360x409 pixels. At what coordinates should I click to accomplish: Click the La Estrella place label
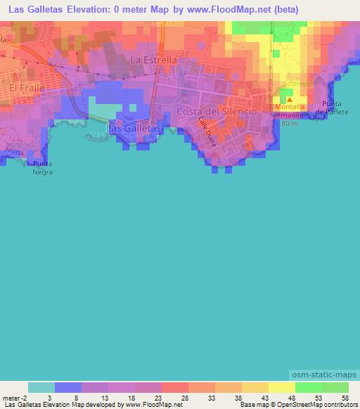coord(153,60)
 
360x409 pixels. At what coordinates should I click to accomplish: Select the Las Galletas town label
coord(134,129)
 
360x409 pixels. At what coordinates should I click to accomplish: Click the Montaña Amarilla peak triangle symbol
coord(289,99)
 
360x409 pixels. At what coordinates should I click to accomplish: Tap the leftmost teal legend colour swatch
coord(41,387)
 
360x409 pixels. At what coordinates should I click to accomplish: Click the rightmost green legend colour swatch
coord(335,387)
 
